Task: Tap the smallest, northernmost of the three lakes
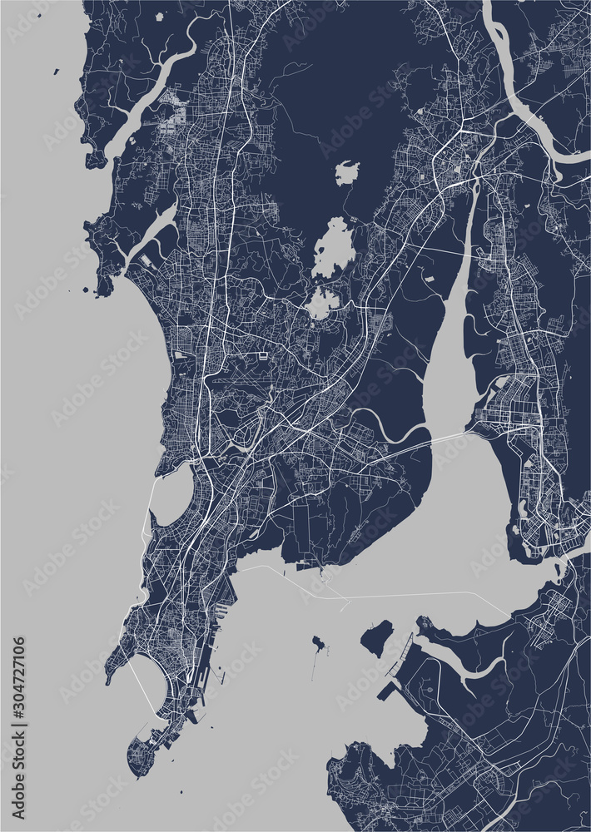(347, 173)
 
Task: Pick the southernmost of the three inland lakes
(323, 303)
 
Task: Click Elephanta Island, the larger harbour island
(376, 636)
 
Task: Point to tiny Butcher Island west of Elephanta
(318, 643)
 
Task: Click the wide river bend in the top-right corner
(533, 125)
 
